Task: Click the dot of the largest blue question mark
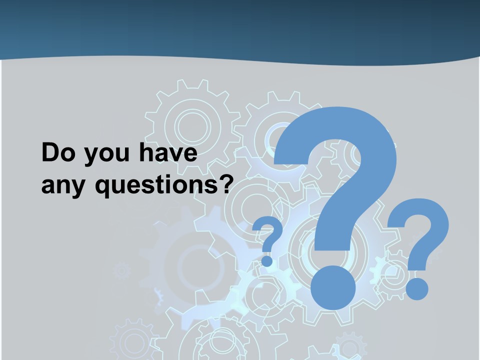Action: [333, 287]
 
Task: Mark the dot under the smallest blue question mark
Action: [267, 260]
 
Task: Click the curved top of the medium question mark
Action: [420, 220]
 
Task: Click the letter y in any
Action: [80, 189]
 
